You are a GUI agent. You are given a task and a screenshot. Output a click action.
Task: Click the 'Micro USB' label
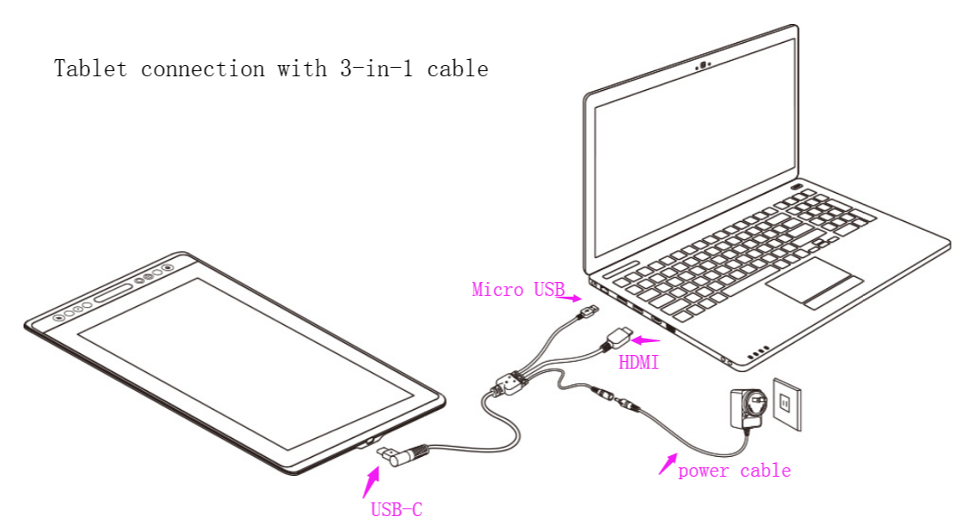pos(517,290)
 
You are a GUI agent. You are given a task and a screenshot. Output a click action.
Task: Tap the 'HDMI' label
pos(638,363)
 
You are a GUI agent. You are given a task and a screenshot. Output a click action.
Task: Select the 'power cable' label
pos(734,471)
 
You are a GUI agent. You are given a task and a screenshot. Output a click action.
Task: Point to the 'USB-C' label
pos(396,509)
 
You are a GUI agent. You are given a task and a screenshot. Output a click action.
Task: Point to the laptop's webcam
pos(703,63)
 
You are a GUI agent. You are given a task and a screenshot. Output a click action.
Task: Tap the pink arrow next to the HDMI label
pos(648,340)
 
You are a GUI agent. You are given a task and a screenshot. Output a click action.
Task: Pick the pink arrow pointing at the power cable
pos(668,464)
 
